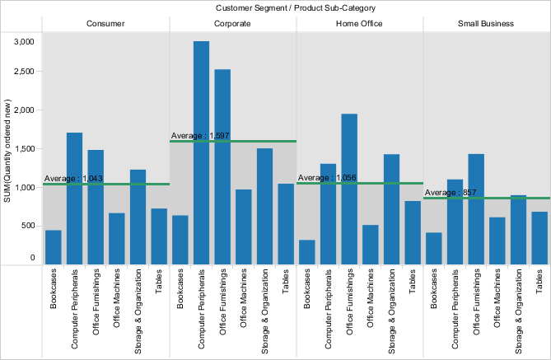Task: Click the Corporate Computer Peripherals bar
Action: click(201, 152)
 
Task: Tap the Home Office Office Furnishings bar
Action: click(349, 189)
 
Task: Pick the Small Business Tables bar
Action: click(539, 238)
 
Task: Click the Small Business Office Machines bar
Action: click(497, 241)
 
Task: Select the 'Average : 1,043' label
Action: click(73, 179)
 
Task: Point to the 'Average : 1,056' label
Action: click(327, 178)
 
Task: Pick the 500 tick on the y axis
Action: click(27, 226)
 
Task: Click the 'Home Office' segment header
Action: click(359, 24)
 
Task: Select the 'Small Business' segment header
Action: click(486, 24)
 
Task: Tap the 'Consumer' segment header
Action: click(105, 24)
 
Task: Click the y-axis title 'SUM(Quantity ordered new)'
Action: click(7, 148)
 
